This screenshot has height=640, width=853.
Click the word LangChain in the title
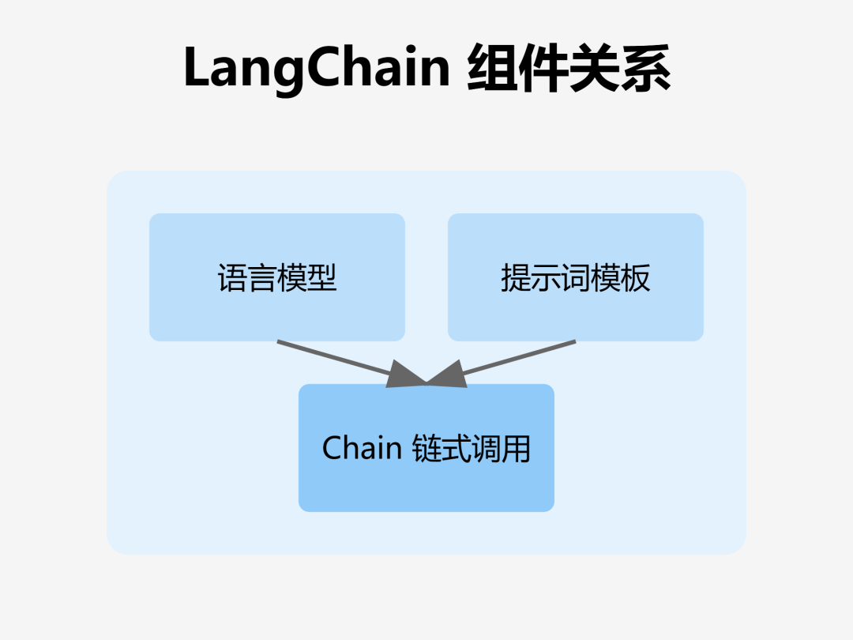tap(317, 69)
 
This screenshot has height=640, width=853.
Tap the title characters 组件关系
tap(569, 69)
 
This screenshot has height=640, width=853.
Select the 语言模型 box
tap(277, 277)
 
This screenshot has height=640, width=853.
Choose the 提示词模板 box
tap(576, 277)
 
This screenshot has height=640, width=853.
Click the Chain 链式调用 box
tap(426, 448)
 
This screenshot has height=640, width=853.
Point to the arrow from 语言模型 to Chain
tap(340, 360)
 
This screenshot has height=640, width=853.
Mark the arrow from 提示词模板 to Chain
tap(513, 360)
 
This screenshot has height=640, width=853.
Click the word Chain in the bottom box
tap(363, 448)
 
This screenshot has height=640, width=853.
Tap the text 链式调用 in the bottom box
tap(472, 449)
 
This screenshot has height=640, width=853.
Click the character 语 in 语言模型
tap(232, 278)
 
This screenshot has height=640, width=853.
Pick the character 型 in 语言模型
tap(322, 278)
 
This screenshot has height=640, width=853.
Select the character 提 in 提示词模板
tap(516, 278)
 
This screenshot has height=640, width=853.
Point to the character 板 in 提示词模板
tap(636, 278)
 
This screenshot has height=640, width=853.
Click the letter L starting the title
tap(196, 69)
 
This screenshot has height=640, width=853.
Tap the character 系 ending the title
tap(645, 69)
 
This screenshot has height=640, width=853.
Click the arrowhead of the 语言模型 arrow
tap(407, 376)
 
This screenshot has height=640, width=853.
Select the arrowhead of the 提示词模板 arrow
tap(447, 376)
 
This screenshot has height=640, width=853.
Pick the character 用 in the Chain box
tap(516, 449)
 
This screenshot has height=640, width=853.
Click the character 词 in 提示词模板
tap(576, 278)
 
